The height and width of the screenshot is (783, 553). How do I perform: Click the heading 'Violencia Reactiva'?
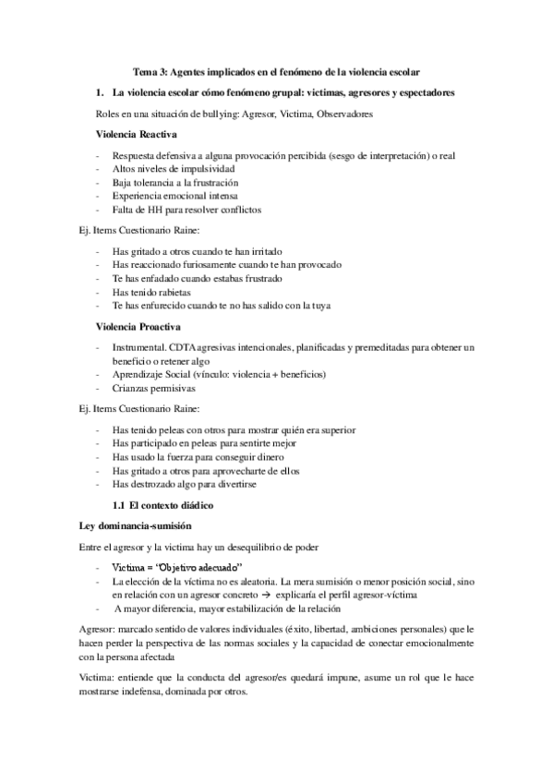pyautogui.click(x=137, y=135)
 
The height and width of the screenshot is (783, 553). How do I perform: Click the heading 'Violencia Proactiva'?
pyautogui.click(x=138, y=327)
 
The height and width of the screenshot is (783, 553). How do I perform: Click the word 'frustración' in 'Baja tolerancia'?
pyautogui.click(x=223, y=183)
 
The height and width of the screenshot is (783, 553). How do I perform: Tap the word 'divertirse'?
pyautogui.click(x=234, y=484)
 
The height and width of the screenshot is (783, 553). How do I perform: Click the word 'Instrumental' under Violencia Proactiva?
pyautogui.click(x=137, y=347)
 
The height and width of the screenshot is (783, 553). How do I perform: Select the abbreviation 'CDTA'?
pyautogui.click(x=179, y=347)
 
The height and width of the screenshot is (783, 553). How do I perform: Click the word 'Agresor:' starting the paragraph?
pyautogui.click(x=101, y=629)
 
